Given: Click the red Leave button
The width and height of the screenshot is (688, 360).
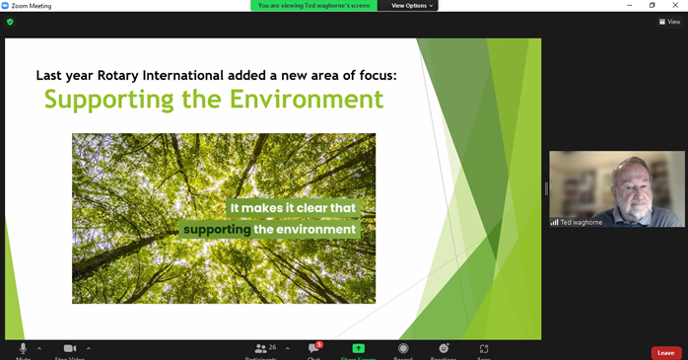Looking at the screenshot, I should tap(665, 352).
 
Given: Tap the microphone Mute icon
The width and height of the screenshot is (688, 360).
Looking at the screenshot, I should tap(23, 349).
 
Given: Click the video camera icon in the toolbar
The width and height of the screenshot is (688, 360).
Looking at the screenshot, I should tap(70, 349).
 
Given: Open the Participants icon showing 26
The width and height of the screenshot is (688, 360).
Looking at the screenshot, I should tap(261, 349).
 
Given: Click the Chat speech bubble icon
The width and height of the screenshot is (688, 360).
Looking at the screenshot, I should tap(313, 349).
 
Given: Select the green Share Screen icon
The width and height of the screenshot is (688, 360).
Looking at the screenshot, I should tap(358, 349).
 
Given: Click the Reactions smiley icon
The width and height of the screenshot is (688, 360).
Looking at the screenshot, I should tap(444, 349).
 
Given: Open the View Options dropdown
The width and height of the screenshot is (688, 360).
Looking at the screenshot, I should tap(411, 6).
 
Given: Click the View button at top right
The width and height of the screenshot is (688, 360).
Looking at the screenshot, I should tap(670, 22).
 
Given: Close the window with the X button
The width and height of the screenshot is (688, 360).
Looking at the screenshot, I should tap(675, 6).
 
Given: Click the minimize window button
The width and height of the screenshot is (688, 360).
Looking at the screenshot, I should tap(629, 6).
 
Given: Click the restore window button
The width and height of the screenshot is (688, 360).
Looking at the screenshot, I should tap(652, 6).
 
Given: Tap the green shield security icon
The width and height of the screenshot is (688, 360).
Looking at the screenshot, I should tap(10, 22).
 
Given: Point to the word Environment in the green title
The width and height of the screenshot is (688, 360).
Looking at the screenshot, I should tap(307, 100).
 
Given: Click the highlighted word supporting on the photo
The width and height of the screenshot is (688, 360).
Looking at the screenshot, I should tap(217, 230).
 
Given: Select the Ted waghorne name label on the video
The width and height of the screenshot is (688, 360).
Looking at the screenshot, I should tap(581, 222).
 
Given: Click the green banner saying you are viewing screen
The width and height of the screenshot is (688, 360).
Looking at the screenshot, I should tap(314, 6).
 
